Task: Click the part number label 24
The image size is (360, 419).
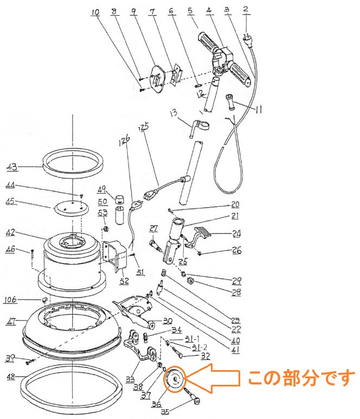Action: (237, 235)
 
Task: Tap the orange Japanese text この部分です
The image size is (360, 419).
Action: (301, 378)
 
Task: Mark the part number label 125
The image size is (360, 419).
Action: (144, 131)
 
